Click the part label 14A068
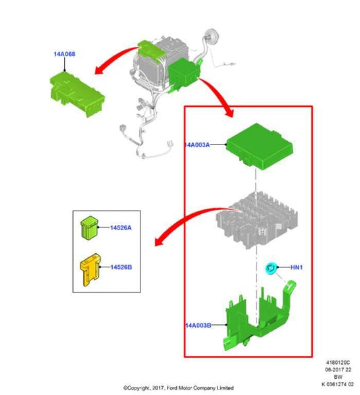[x=64, y=54]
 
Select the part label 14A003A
[x=197, y=145]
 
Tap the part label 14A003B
[x=198, y=325]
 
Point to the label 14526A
[x=121, y=228]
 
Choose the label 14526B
[x=121, y=267]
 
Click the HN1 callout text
[x=297, y=267]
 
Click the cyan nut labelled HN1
[x=272, y=268]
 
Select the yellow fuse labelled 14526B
[x=91, y=270]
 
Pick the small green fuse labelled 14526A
[x=89, y=227]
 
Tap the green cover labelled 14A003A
[x=259, y=147]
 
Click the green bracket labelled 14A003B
[x=259, y=319]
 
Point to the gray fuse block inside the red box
[x=257, y=219]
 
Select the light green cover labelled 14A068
[x=77, y=93]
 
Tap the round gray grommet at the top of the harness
[x=211, y=35]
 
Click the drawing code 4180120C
[x=338, y=363]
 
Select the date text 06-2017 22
[x=338, y=370]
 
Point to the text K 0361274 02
[x=338, y=384]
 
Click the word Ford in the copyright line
[x=172, y=388]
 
